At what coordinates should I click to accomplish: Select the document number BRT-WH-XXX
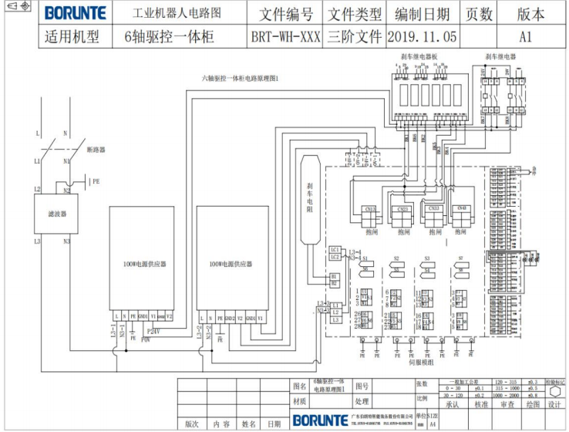point(285,35)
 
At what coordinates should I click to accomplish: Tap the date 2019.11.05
point(422,35)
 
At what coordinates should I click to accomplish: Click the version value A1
point(526,35)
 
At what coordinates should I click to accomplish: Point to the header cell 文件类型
point(355,14)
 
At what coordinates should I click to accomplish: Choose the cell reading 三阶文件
point(355,35)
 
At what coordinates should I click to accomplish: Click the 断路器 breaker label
point(96,149)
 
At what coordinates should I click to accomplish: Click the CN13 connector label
point(369,209)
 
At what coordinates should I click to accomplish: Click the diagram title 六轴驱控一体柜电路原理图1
point(240,78)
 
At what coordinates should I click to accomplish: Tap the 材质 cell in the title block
point(299,402)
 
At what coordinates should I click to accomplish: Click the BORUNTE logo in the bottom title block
point(320,420)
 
